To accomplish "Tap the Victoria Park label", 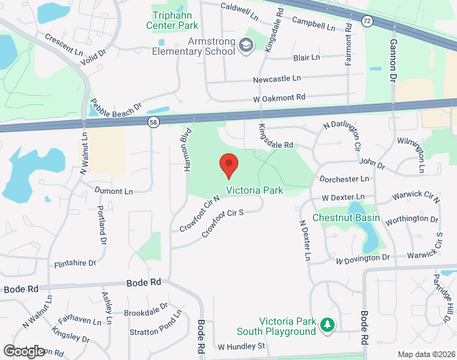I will coord(255,191).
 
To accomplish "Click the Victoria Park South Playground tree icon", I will coord(328,325).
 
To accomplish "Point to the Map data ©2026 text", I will coord(425,354).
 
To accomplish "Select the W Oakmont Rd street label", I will coord(279,97).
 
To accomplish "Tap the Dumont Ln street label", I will coord(114,192).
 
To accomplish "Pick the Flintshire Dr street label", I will coord(75,264).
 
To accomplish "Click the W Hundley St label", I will coord(242,346).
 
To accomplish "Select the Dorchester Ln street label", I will coord(344,178).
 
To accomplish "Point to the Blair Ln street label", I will coord(307,58).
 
